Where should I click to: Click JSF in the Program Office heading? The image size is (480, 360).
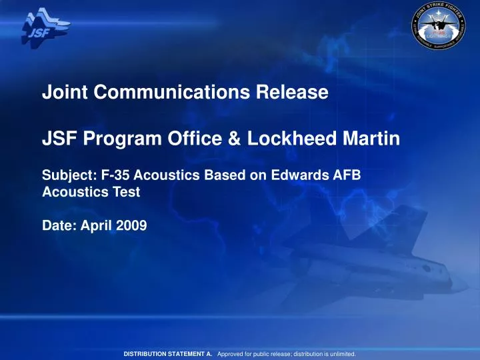[57, 139]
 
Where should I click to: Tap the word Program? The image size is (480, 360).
[113, 140]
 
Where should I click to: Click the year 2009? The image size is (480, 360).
[129, 225]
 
